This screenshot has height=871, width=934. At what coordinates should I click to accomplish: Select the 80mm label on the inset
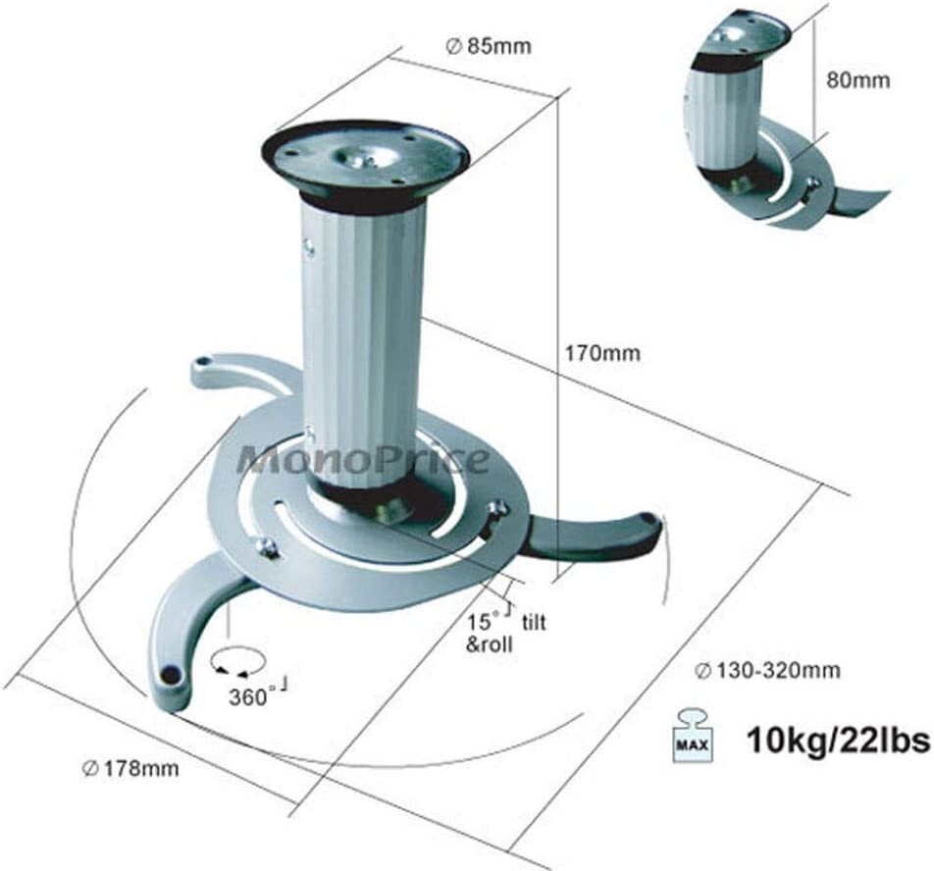coord(857,80)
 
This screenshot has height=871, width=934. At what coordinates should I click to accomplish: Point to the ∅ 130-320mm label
coord(767,671)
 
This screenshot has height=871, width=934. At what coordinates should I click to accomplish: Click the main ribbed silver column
coord(363,333)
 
